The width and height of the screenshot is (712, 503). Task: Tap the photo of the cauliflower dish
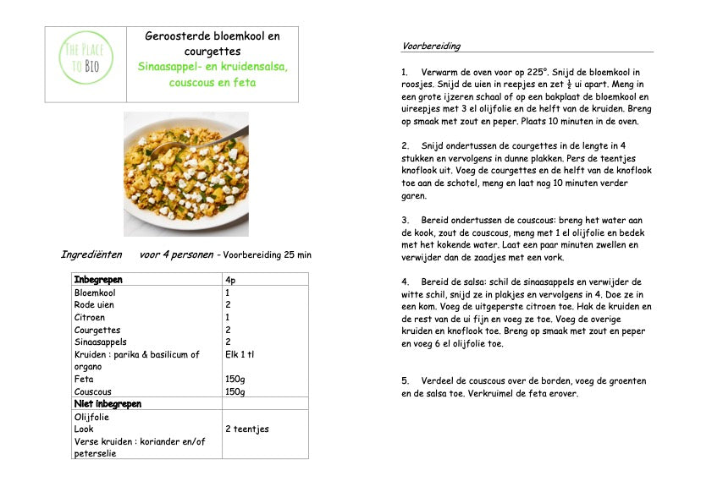point(186,173)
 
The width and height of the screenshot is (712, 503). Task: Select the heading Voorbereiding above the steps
point(431,46)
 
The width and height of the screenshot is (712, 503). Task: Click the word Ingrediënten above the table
point(91,254)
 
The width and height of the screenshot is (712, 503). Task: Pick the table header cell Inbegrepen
point(98,280)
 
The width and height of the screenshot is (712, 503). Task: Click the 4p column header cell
point(231,280)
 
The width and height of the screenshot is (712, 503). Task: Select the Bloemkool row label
point(95,293)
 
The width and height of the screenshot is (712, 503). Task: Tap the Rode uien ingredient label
point(94,304)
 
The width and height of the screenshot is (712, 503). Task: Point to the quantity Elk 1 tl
point(240,355)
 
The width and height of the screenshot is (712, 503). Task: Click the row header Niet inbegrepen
point(108,404)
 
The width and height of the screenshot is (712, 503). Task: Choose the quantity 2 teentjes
point(247,429)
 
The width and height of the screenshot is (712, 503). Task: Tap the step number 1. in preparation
point(406,72)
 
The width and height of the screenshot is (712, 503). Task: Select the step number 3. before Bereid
point(406,220)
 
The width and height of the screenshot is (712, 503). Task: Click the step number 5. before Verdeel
point(406,380)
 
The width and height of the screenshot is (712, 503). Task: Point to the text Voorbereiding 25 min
point(267,254)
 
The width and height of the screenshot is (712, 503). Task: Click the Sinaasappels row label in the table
point(100,342)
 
